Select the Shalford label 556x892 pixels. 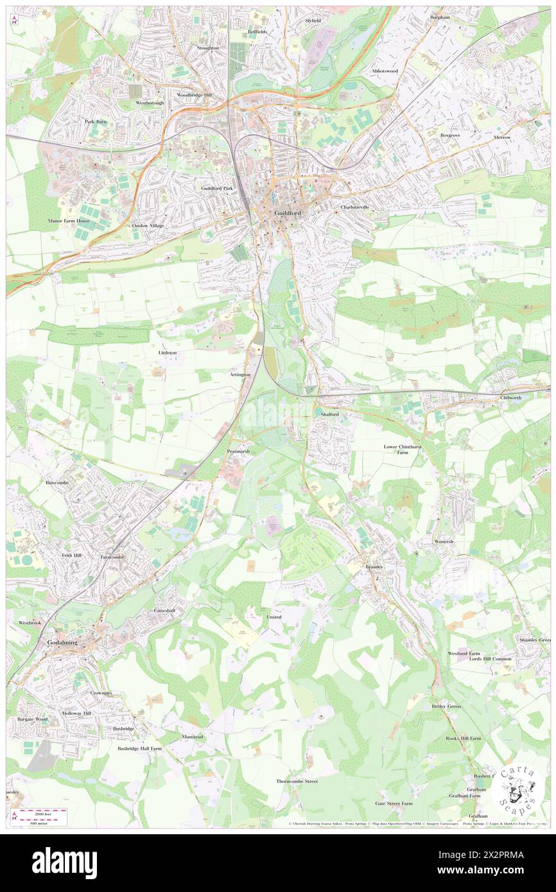click(x=329, y=415)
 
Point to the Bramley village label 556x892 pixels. click(x=374, y=567)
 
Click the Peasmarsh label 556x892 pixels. click(x=238, y=452)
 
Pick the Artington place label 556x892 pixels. click(x=239, y=374)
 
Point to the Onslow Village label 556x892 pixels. click(x=148, y=226)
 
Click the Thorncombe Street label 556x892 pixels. click(x=297, y=782)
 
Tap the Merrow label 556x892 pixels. click(x=520, y=137)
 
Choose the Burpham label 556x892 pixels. click(x=440, y=17)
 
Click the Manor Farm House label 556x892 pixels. click(x=69, y=221)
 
